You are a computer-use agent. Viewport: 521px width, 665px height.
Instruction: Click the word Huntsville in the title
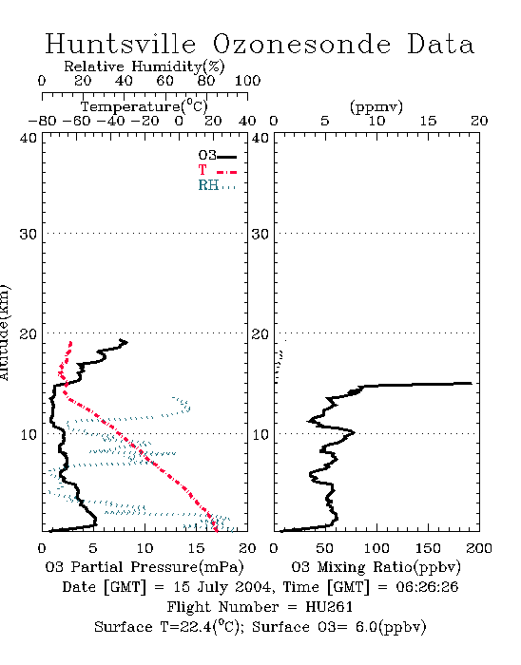click(121, 44)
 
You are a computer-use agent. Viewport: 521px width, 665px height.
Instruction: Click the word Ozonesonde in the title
click(300, 44)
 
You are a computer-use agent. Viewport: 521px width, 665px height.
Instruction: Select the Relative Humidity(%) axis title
click(145, 66)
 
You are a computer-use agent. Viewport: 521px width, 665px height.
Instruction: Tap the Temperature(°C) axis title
click(145, 106)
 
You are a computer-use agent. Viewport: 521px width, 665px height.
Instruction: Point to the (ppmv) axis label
click(376, 106)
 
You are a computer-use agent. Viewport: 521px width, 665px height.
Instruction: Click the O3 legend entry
click(217, 156)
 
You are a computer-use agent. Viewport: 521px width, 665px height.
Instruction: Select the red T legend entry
click(217, 170)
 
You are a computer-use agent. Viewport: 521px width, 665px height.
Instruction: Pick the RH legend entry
click(217, 185)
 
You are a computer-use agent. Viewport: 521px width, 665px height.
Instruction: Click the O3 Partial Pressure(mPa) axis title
click(145, 567)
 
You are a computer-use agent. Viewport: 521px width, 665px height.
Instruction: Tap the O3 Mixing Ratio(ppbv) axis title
click(376, 567)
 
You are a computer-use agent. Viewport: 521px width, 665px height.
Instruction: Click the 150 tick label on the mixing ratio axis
click(428, 548)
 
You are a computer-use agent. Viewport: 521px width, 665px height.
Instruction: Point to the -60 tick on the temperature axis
click(76, 121)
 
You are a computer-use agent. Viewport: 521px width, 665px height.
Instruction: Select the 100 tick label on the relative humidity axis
click(248, 81)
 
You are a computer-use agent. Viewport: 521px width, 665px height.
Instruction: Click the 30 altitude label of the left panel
click(29, 234)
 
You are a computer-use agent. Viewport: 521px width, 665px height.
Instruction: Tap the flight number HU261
click(329, 607)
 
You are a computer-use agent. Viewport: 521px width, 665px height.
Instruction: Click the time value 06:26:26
click(427, 587)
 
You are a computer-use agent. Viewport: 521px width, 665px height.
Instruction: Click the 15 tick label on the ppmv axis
click(428, 121)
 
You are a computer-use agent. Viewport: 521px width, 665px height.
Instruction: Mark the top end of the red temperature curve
click(70, 342)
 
